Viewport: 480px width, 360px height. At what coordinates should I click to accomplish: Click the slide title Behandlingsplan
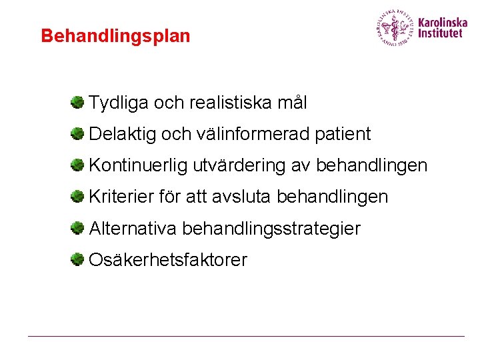115,36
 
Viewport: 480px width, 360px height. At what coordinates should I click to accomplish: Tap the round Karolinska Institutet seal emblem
395,27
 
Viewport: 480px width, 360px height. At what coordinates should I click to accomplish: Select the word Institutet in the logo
439,33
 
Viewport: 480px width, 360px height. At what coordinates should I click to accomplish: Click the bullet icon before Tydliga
78,102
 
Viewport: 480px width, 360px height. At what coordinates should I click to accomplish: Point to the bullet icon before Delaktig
78,133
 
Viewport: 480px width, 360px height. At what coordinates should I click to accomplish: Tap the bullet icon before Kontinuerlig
78,165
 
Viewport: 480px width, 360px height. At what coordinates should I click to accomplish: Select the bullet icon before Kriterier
78,197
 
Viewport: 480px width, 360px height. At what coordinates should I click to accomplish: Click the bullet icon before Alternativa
78,228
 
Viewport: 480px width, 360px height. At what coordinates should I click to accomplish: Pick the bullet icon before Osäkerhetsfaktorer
78,259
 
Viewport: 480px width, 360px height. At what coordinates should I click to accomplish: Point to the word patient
343,134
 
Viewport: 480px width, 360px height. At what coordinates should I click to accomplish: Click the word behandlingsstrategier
271,229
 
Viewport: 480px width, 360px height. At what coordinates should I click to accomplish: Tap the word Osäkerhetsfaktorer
167,260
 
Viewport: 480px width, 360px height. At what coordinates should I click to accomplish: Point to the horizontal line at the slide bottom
246,336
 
